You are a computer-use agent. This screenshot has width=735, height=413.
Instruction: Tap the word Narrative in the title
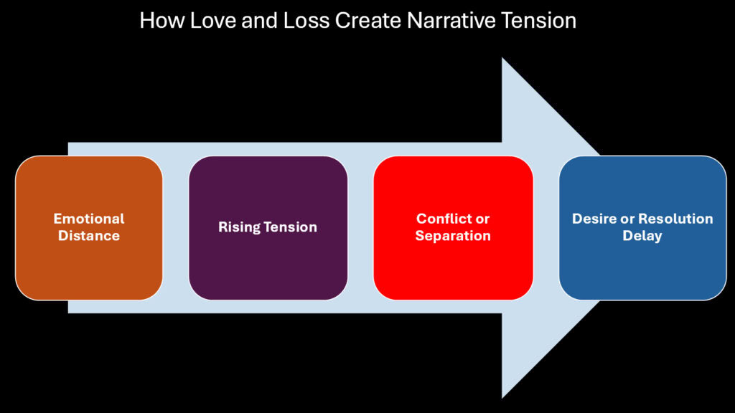441,20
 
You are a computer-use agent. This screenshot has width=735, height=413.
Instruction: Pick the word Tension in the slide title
538,20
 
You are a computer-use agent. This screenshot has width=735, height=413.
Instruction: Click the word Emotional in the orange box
89,219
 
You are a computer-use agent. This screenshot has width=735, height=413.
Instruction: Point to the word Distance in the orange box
89,235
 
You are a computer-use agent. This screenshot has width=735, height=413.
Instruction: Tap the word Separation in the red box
453,235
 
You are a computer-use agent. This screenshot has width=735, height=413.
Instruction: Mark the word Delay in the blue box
642,235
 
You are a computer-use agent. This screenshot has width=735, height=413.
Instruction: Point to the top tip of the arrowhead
502,60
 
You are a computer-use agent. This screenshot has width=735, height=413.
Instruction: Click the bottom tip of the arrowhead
502,397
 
